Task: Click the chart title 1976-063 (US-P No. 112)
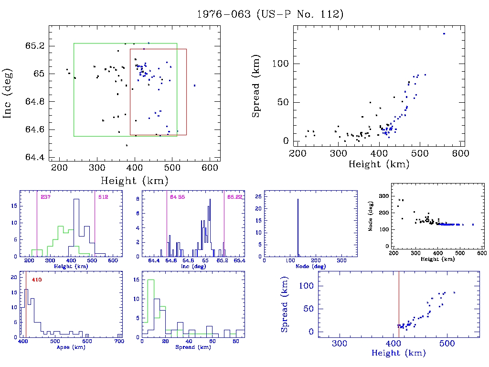[270, 14]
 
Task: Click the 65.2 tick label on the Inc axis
[35, 46]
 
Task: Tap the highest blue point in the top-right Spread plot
[444, 33]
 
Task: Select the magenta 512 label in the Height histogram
[103, 197]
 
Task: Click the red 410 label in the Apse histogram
[37, 280]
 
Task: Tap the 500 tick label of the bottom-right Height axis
[447, 344]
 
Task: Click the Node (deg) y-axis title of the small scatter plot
[371, 220]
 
